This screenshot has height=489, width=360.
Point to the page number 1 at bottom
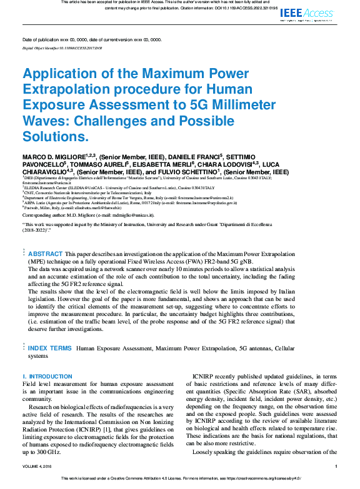click(336, 466)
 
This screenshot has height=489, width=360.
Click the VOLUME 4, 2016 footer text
click(39, 466)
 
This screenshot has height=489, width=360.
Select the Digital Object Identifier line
click(62, 47)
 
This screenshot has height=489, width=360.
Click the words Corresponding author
click(43, 214)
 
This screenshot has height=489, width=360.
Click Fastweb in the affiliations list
click(33, 207)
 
